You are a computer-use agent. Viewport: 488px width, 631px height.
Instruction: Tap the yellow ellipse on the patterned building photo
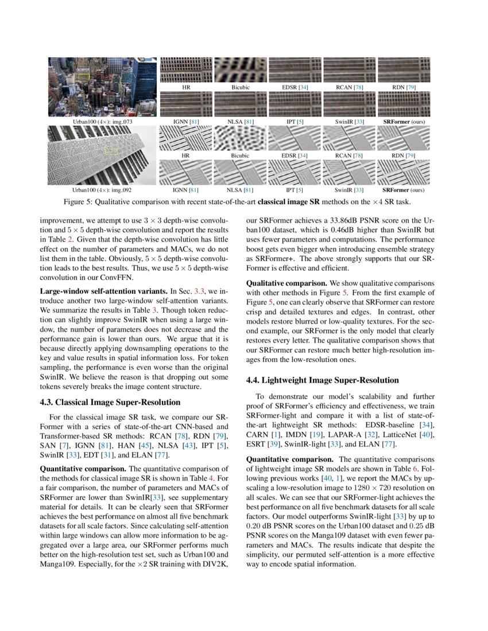(x=113, y=151)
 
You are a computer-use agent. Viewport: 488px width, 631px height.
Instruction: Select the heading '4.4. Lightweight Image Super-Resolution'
(x=313, y=379)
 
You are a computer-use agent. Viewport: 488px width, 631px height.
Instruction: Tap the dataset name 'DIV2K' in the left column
(x=214, y=563)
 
